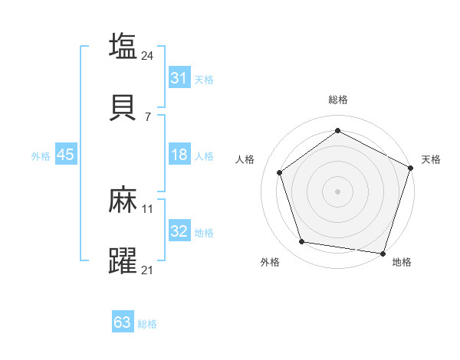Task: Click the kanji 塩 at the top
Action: (123, 46)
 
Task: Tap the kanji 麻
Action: (123, 201)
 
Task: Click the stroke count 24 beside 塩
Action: (148, 55)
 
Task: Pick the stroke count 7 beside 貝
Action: (148, 116)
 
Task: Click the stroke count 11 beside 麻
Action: (148, 208)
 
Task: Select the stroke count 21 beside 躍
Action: (148, 270)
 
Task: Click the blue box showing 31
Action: (179, 78)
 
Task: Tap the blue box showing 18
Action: (179, 155)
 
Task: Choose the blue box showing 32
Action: (179, 231)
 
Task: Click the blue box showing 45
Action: (65, 155)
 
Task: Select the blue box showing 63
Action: (123, 322)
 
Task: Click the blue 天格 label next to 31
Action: (204, 80)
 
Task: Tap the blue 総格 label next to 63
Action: (147, 324)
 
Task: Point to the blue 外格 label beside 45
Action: (41, 156)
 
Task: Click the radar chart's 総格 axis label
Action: (337, 100)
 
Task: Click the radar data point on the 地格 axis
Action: (383, 253)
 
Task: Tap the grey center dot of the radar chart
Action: (337, 191)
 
